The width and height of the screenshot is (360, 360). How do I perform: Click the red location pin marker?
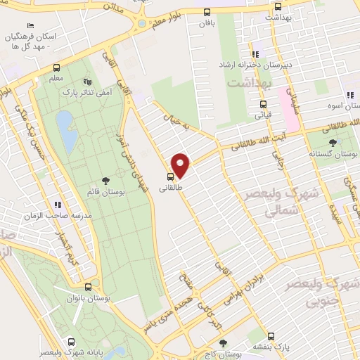click(181, 165)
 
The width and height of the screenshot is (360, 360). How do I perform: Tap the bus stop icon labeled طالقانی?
click(171, 176)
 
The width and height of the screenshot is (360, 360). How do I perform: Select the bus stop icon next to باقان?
click(206, 12)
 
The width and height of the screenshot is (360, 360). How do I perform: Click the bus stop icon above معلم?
click(56, 68)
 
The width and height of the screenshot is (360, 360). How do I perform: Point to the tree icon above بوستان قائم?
click(105, 181)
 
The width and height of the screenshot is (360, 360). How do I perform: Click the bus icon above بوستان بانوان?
click(87, 287)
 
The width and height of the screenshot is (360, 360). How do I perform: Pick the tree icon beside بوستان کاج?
click(223, 343)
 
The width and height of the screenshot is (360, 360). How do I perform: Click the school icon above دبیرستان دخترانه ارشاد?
click(255, 53)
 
